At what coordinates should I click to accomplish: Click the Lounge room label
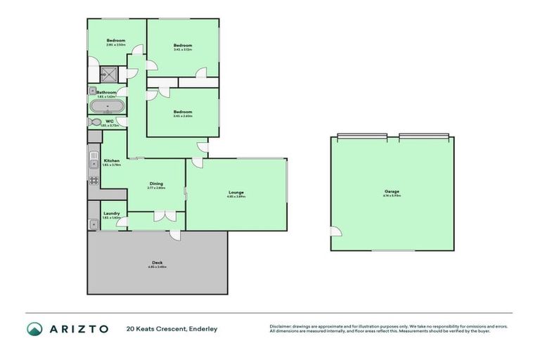(x=236, y=192)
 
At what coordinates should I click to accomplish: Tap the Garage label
(x=392, y=191)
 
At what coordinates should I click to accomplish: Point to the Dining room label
(x=156, y=184)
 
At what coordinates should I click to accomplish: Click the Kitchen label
(x=112, y=161)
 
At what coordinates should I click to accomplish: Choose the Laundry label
(x=111, y=213)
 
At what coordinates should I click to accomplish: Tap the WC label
(x=110, y=121)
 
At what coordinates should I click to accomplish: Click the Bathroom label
(x=106, y=92)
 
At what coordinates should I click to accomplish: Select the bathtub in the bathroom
(x=107, y=107)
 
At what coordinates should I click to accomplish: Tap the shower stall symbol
(x=108, y=73)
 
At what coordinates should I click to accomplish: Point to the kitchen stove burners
(x=94, y=180)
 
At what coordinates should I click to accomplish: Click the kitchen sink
(x=93, y=164)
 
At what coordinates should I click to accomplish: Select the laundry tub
(x=94, y=224)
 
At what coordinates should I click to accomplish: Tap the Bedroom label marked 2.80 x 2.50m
(x=116, y=41)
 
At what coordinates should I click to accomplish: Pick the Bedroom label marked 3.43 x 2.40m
(x=183, y=112)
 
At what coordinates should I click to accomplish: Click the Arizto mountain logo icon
(x=34, y=328)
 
